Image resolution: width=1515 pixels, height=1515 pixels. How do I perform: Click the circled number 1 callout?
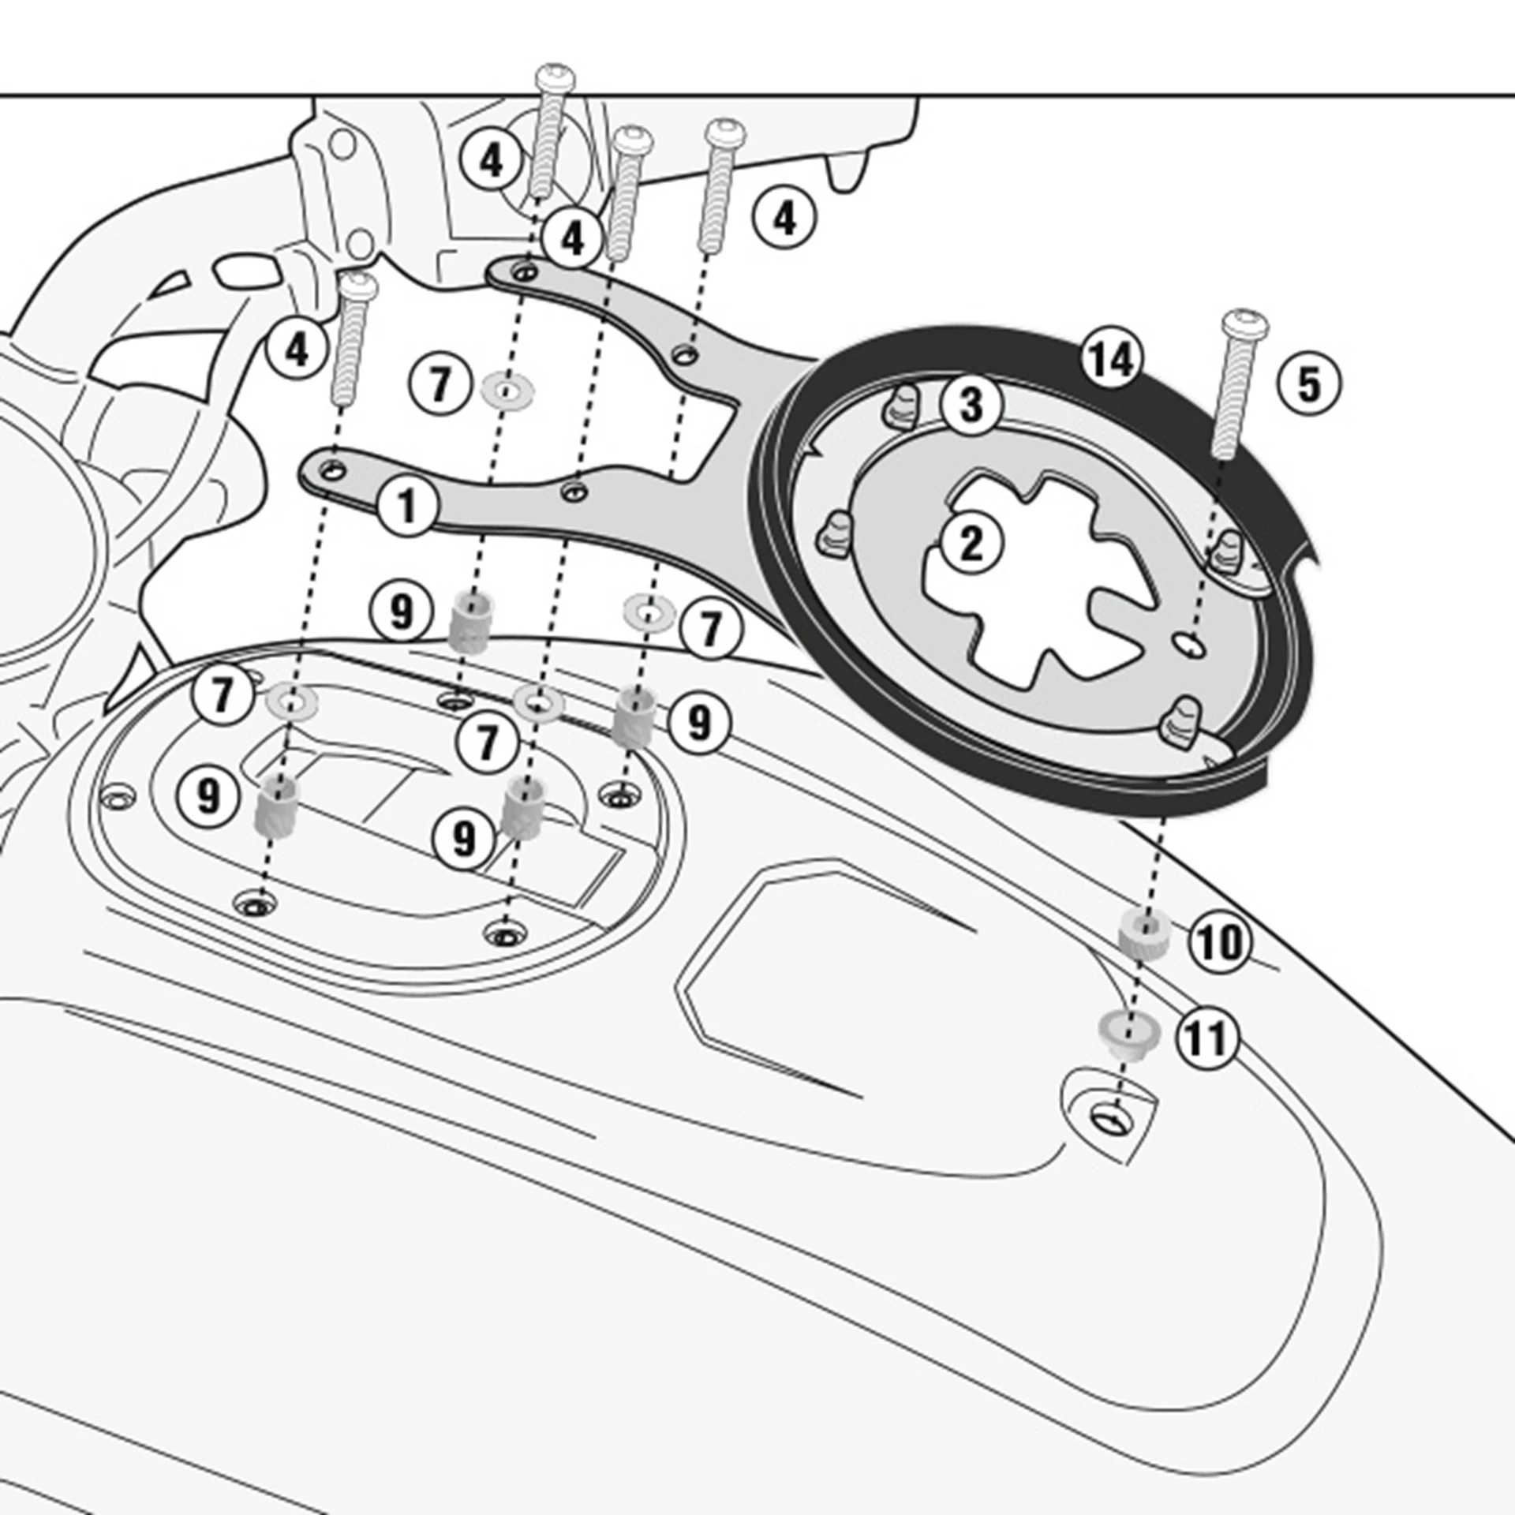pos(406,506)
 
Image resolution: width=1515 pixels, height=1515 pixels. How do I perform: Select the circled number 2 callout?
pos(971,544)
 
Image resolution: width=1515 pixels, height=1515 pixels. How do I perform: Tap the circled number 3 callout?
pos(971,404)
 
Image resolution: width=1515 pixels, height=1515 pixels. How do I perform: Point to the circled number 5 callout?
pos(1308,384)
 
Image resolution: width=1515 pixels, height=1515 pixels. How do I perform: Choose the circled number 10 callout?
pos(1220,941)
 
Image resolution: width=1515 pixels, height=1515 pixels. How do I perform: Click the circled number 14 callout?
pos(1113,360)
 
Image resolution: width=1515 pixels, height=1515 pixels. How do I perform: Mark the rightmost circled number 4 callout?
pos(784,218)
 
